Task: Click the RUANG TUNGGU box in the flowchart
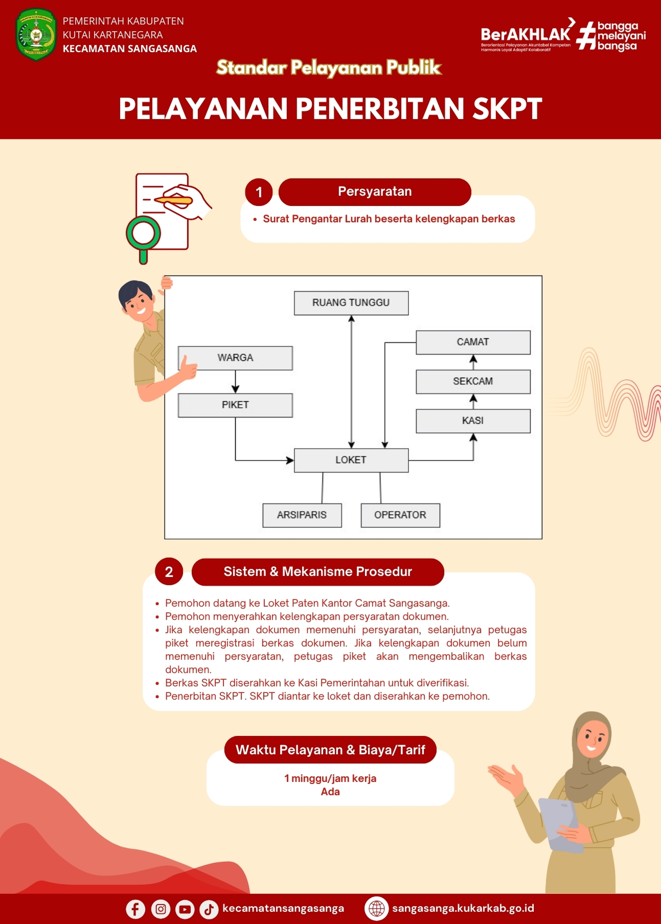[x=351, y=303]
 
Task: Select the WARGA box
[x=235, y=358]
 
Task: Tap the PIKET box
[x=235, y=405]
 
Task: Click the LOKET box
[x=351, y=460]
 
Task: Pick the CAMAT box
[x=473, y=342]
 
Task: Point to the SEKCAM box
[x=473, y=382]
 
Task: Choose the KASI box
[x=473, y=421]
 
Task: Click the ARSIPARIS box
[x=302, y=515]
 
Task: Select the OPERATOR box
[x=400, y=515]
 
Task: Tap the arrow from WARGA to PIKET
[x=235, y=382]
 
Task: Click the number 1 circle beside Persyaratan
[x=259, y=192]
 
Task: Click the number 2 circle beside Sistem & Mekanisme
[x=169, y=572]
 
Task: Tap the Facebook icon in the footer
[x=135, y=909]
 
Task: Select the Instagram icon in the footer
[x=161, y=909]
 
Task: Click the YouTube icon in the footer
[x=185, y=909]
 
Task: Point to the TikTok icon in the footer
[x=209, y=909]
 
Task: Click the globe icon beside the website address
[x=377, y=909]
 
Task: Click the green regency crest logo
[x=36, y=35]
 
